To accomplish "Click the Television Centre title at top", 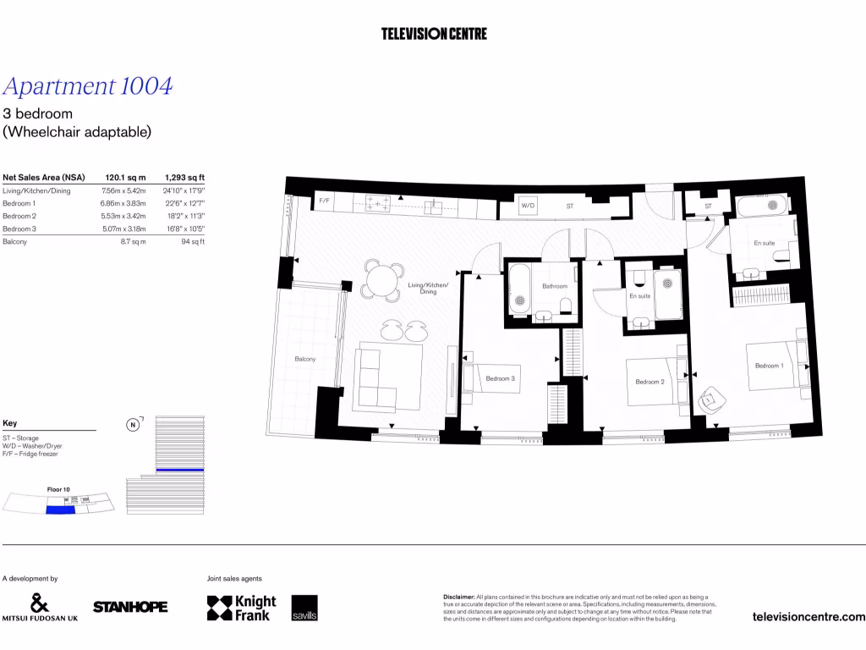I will point(434,34).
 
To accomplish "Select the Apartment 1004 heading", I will point(88,86).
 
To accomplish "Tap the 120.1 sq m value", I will point(125,178).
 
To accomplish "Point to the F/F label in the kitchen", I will point(324,201).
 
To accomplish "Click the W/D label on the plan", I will point(528,206).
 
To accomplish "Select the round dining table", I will point(383,278).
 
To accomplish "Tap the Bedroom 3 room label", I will point(501,378).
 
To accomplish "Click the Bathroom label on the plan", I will point(555,286).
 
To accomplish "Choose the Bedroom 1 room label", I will point(769,366).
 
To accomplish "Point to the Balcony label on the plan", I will point(304,360).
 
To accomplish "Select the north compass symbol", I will point(133,425).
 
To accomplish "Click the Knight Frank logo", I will point(242,608).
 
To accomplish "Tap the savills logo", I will point(304,609).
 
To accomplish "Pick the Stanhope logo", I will point(130,607).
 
